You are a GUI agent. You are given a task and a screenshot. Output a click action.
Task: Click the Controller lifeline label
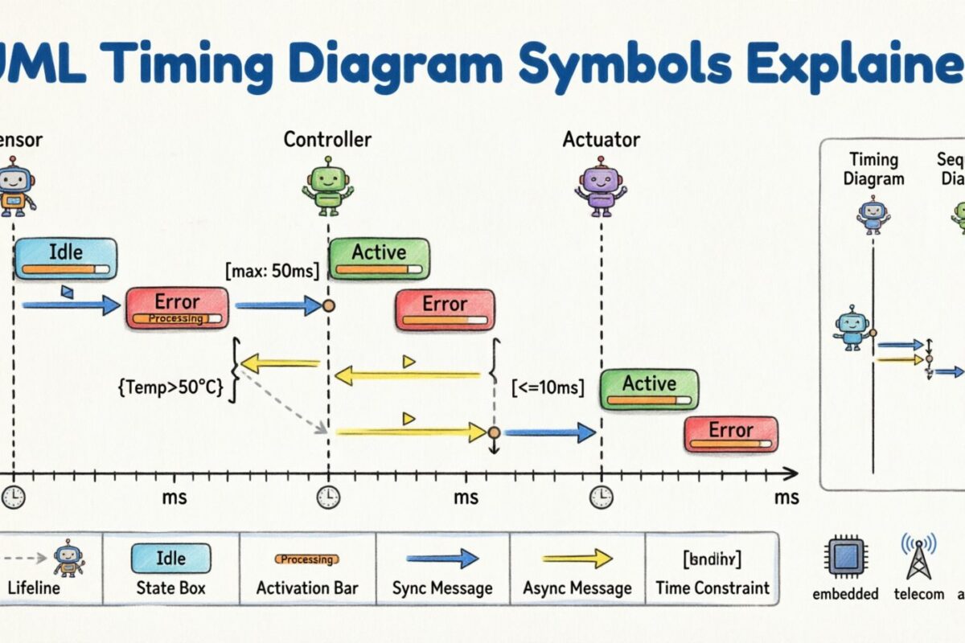coord(327,139)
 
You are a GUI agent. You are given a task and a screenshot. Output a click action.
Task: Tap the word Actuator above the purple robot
coord(601,139)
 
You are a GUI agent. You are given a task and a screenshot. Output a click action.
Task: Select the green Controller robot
coord(327,189)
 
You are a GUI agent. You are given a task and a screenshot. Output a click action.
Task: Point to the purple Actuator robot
coord(601,189)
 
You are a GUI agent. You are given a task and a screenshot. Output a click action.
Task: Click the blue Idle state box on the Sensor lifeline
coord(66,258)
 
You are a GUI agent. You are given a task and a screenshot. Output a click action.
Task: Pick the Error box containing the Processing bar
coord(177,309)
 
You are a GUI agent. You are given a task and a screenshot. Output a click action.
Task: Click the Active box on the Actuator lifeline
coord(649,390)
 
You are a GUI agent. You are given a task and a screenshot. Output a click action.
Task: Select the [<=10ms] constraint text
coord(548,388)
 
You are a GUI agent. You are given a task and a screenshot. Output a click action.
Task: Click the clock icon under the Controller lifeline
coord(327,498)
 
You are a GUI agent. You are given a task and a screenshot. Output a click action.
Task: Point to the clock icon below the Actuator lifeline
coord(601,498)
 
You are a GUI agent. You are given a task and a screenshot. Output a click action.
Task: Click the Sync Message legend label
coord(442,588)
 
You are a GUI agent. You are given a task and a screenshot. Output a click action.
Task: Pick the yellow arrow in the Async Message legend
coord(577,559)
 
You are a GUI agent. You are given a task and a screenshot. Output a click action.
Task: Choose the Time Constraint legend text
coord(712,588)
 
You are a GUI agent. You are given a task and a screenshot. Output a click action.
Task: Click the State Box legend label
coord(170,588)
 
